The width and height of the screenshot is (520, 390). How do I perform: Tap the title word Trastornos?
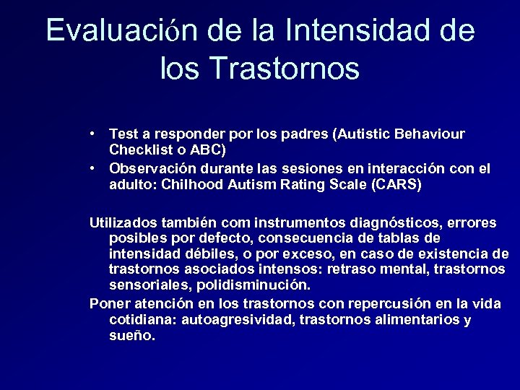285,69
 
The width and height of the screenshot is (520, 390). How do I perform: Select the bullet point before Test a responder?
95,134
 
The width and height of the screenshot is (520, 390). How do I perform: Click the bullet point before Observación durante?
95,168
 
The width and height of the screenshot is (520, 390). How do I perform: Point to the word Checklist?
140,150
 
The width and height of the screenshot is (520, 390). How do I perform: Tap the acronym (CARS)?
395,185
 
